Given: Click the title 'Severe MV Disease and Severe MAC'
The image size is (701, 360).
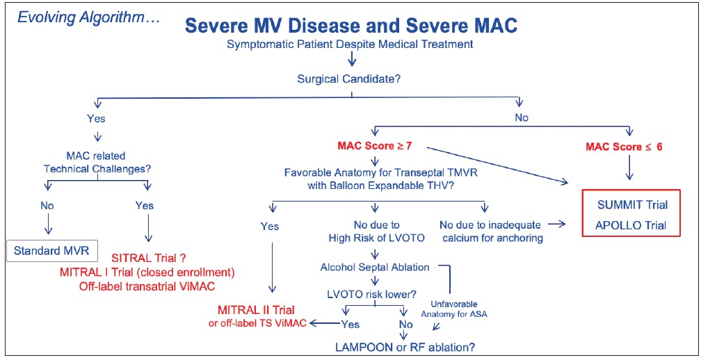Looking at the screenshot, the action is (351, 26).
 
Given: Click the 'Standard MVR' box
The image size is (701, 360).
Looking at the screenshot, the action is (51, 250).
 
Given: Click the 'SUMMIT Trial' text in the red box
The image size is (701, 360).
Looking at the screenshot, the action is (632, 205).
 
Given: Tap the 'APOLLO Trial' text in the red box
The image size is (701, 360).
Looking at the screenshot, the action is (630, 225).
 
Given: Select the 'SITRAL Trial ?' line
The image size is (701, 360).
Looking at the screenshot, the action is (150, 258).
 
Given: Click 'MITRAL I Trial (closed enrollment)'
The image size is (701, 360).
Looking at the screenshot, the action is (147, 272).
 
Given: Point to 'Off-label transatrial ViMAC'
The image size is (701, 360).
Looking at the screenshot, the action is (147, 286).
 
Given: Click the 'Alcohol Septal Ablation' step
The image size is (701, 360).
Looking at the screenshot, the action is (375, 267).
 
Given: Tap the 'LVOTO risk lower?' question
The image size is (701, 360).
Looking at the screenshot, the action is (373, 295).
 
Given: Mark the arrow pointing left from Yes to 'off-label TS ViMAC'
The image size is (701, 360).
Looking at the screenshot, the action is (325, 323).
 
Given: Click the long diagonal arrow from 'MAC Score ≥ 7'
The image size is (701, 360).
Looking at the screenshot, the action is (497, 164).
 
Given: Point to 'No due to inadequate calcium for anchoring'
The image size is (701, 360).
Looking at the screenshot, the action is (491, 231).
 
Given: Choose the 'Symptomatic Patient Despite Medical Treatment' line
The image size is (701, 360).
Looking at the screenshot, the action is (350, 44).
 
